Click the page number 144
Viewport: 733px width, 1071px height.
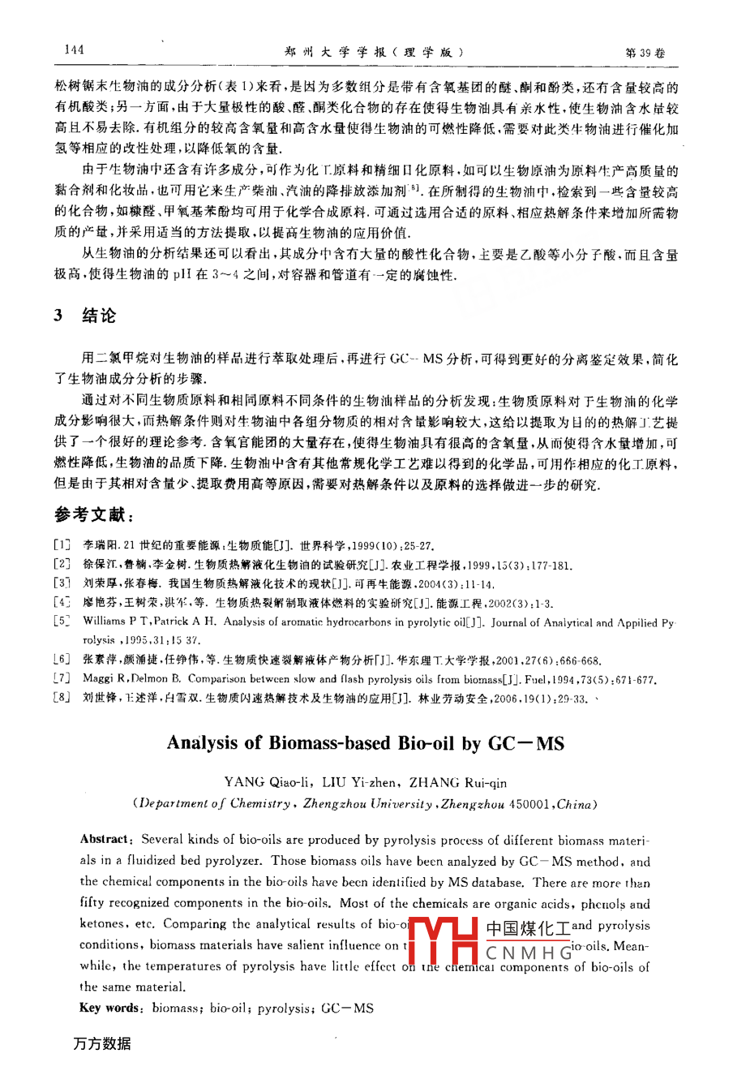[x=73, y=50]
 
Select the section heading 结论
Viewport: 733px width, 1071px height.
[x=99, y=316]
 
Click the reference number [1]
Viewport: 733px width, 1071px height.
[x=61, y=546]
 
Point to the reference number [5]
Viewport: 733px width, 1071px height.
[x=61, y=622]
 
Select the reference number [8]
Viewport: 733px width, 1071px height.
[x=61, y=699]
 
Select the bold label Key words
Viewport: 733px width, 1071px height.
[x=109, y=1008]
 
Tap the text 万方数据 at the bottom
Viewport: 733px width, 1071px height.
[x=101, y=1043]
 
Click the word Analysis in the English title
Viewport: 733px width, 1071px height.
[x=205, y=743]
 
